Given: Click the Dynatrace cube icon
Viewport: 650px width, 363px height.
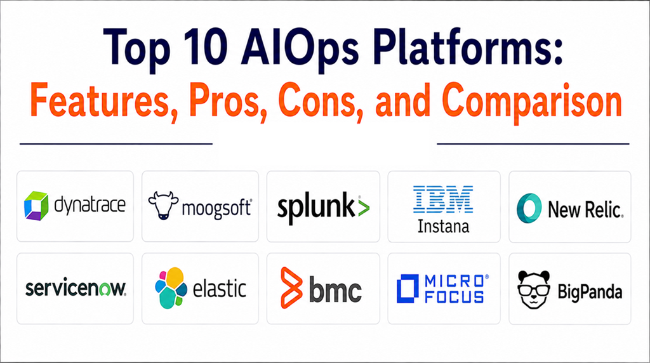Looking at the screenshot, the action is tap(36, 206).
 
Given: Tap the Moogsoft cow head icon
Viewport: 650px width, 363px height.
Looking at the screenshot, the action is tap(163, 205).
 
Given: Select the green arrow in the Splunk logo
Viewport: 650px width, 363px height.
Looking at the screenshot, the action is tap(363, 207).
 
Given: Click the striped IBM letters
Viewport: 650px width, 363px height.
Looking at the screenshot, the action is tap(443, 199).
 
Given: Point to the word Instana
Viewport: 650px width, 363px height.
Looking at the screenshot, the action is tap(443, 227).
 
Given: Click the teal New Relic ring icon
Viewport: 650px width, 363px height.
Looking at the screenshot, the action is tap(529, 208).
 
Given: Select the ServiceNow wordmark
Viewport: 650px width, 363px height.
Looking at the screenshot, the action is tap(76, 288).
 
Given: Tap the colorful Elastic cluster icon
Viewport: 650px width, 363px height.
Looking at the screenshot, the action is tap(171, 288).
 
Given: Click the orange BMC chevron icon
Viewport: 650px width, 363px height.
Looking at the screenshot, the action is tap(291, 288).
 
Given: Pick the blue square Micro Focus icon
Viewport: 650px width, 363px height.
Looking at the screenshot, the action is tap(408, 288).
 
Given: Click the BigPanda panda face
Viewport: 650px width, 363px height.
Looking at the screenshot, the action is tap(534, 289).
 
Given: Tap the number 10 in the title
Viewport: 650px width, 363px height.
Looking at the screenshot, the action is tap(202, 48).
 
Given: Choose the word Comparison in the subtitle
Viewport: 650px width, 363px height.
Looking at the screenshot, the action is tap(532, 102).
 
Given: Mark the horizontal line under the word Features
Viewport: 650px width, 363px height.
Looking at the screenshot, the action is tap(116, 144).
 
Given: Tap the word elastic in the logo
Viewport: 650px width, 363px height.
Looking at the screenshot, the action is tap(220, 288).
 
